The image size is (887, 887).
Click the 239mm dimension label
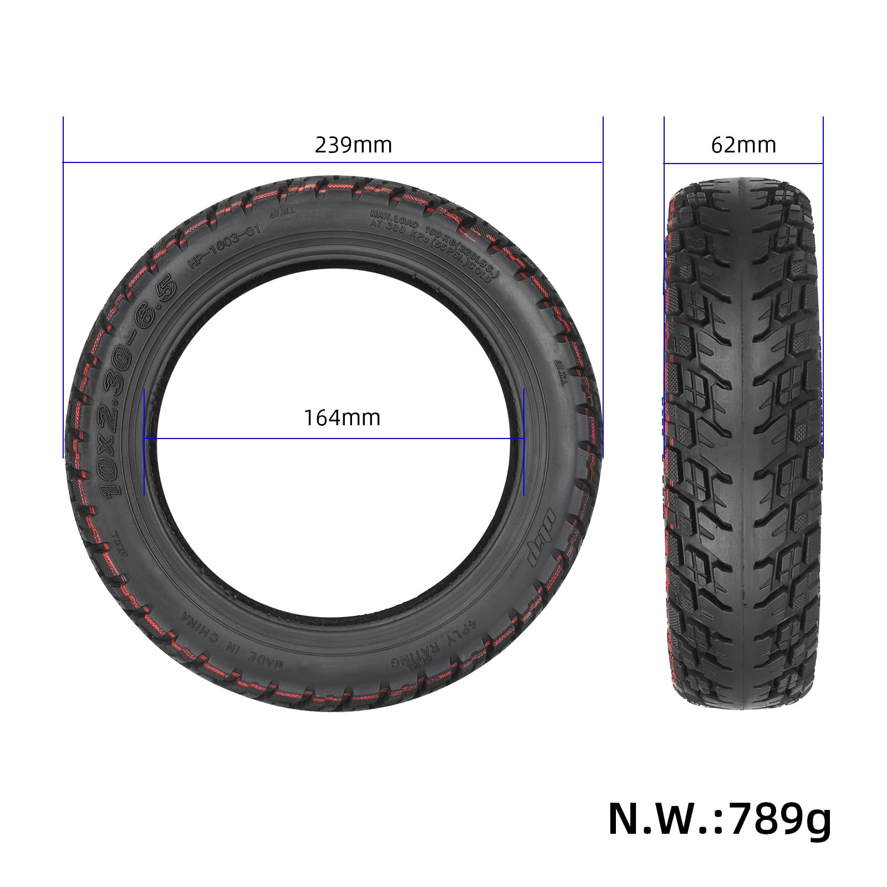tap(353, 145)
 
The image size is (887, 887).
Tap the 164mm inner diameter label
tap(341, 417)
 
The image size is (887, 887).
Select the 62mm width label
tap(743, 145)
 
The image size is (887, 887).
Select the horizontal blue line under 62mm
tap(743, 163)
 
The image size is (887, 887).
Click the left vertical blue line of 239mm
tap(63, 288)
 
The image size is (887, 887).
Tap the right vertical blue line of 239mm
tap(603, 288)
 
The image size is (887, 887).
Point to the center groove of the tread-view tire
tap(742, 443)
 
